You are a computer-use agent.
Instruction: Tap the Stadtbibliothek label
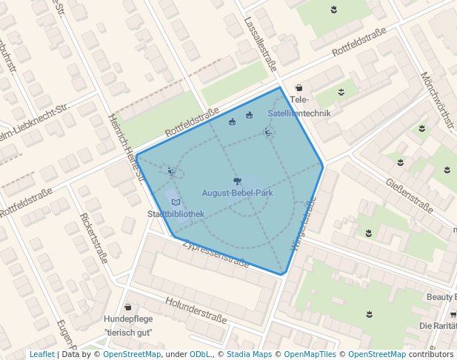point(176,214)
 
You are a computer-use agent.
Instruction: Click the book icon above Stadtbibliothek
point(176,201)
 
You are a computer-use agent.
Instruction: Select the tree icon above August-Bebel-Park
point(236,180)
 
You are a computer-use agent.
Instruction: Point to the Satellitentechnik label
point(299,113)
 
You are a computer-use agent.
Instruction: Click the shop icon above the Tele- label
point(298,88)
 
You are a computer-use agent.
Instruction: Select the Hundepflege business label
point(127,319)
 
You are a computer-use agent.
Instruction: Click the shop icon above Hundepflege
point(127,307)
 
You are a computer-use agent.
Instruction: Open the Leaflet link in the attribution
point(41,354)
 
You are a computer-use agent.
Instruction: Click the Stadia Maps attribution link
point(248,354)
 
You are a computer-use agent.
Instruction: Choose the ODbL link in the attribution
point(200,354)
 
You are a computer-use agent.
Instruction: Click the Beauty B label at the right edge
point(441,297)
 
